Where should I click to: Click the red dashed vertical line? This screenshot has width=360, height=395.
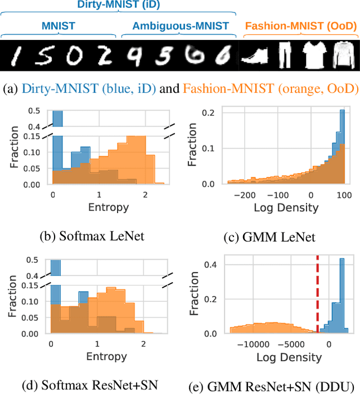click(x=318, y=295)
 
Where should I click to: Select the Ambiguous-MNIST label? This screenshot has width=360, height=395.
click(x=181, y=26)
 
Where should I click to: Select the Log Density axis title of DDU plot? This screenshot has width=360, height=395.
click(x=289, y=357)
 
